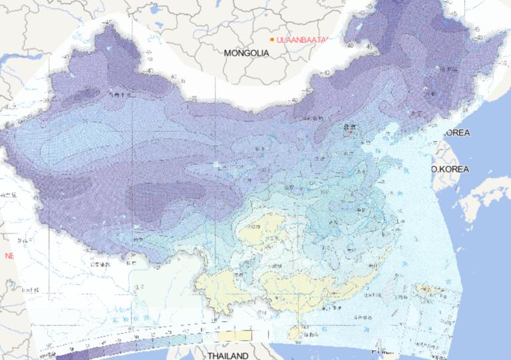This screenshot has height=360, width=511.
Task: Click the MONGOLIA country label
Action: pyautogui.click(x=246, y=53)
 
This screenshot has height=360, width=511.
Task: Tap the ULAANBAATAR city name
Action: pyautogui.click(x=301, y=40)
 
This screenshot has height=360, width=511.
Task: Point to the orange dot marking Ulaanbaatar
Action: pyautogui.click(x=272, y=40)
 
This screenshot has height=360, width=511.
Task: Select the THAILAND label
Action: pyautogui.click(x=227, y=355)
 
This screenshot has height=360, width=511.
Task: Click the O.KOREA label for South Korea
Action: pyautogui.click(x=450, y=169)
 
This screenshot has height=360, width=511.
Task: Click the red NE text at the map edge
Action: pyautogui.click(x=9, y=256)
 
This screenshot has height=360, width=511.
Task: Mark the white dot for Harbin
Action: pyautogui.click(x=437, y=69)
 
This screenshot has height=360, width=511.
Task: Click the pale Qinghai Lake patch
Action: pyautogui.click(x=218, y=164)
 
